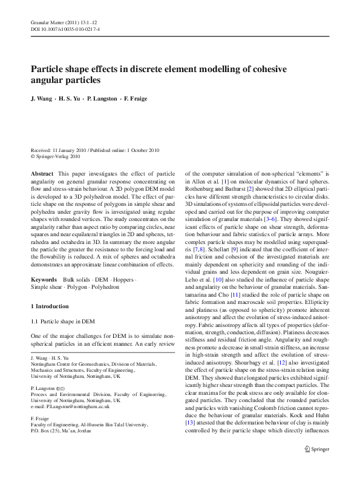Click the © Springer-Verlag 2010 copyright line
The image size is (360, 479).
click(56, 156)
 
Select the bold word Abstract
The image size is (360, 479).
click(42, 173)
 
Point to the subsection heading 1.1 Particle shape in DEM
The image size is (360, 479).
click(64, 337)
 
